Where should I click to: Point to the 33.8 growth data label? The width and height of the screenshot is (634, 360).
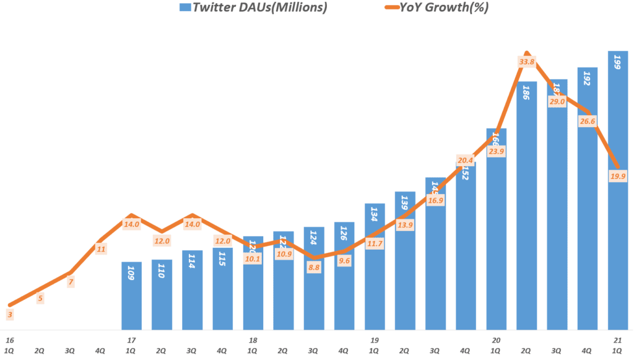point(527,61)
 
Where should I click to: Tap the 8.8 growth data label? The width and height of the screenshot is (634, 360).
point(314,268)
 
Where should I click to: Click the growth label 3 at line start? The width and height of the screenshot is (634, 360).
point(10,315)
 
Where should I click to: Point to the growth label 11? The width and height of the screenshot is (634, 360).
point(101,250)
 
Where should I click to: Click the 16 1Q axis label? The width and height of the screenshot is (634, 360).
point(10,345)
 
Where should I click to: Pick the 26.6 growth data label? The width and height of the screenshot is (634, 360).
point(588,121)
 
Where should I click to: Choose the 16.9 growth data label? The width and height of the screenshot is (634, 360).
point(436,200)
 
